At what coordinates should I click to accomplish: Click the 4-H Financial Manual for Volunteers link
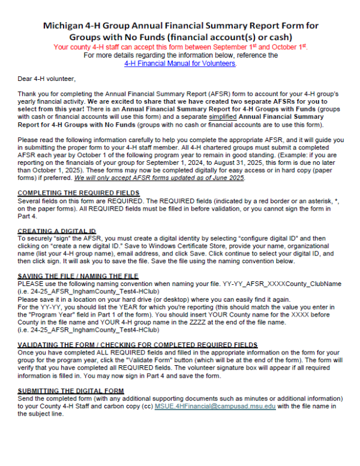(180, 63)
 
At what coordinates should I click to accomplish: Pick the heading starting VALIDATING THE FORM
(138, 345)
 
